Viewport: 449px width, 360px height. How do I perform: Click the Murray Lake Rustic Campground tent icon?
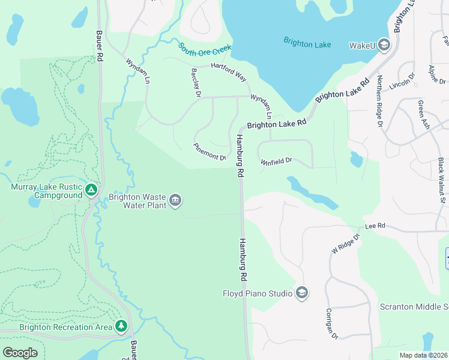[x=91, y=190]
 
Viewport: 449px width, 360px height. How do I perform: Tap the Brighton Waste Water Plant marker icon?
[x=175, y=200]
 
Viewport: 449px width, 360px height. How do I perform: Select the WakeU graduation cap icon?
[x=384, y=45]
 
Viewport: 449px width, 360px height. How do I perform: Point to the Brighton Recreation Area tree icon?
[x=122, y=326]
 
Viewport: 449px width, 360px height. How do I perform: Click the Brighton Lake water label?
[x=307, y=44]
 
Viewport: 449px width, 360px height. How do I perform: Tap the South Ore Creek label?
[x=205, y=48]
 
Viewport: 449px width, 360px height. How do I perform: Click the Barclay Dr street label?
[x=195, y=82]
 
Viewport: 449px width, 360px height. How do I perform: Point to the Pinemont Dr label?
[x=209, y=152]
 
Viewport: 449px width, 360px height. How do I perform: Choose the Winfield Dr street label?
[x=276, y=161]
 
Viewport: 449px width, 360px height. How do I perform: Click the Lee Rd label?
[x=374, y=227]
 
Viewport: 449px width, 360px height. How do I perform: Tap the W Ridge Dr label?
[x=345, y=243]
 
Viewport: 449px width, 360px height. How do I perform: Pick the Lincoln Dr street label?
[x=402, y=82]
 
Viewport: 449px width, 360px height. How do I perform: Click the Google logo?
[x=20, y=353]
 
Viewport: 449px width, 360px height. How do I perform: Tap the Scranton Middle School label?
[x=414, y=307]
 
